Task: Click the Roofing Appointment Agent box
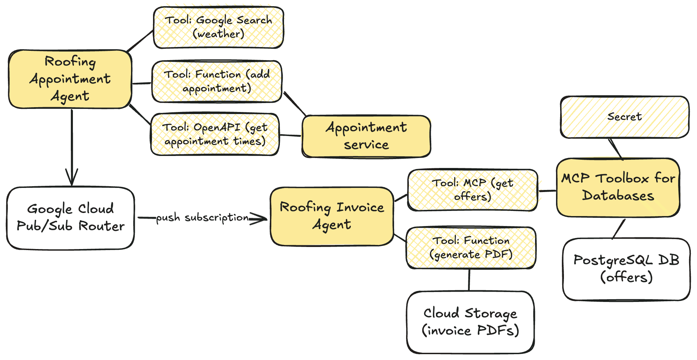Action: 70,79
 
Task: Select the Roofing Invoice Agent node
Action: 332,216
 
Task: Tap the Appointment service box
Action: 366,136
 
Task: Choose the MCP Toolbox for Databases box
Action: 618,187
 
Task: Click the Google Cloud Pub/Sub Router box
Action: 70,218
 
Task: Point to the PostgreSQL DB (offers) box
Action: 626,269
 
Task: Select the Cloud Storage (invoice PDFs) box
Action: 470,322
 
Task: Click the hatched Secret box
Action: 624,117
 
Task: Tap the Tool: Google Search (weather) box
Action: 218,27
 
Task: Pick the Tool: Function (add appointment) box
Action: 217,81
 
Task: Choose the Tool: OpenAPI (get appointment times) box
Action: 215,134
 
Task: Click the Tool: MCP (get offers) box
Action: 472,190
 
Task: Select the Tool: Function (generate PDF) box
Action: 471,247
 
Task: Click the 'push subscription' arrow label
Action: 202,218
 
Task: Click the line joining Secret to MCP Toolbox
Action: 616,149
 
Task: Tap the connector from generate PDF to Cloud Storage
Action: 469,280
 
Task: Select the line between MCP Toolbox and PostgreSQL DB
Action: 619,228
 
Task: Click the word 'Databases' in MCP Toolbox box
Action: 618,196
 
